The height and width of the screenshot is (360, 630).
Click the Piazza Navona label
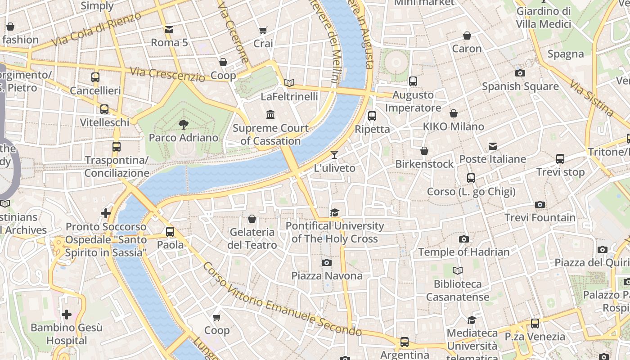pyautogui.click(x=327, y=275)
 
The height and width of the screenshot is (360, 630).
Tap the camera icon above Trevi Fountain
pyautogui.click(x=540, y=205)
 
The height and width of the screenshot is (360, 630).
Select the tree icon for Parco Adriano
pyautogui.click(x=183, y=124)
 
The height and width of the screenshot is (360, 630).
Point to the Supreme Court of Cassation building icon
pyautogui.click(x=270, y=115)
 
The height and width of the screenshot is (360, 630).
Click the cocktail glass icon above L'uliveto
pyautogui.click(x=334, y=155)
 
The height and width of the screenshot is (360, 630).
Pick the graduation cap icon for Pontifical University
pyautogui.click(x=334, y=212)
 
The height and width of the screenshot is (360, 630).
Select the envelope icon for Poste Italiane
pyautogui.click(x=493, y=146)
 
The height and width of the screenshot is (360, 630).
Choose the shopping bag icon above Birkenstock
pyautogui.click(x=424, y=151)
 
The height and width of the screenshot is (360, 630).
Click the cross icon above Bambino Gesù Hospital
pyautogui.click(x=67, y=315)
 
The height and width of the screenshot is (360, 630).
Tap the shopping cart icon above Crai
pyautogui.click(x=263, y=31)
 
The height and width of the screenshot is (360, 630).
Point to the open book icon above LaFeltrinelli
pyautogui.click(x=289, y=83)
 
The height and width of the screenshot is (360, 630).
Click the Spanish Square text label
pyautogui.click(x=520, y=86)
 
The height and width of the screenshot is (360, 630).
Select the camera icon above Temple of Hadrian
pyautogui.click(x=463, y=239)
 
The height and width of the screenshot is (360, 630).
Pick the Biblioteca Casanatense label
pyautogui.click(x=458, y=290)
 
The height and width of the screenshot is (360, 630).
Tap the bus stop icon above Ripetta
pyautogui.click(x=372, y=116)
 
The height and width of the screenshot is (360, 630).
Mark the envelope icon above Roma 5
pyautogui.click(x=169, y=30)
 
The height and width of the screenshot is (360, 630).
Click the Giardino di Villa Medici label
pyautogui.click(x=544, y=17)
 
